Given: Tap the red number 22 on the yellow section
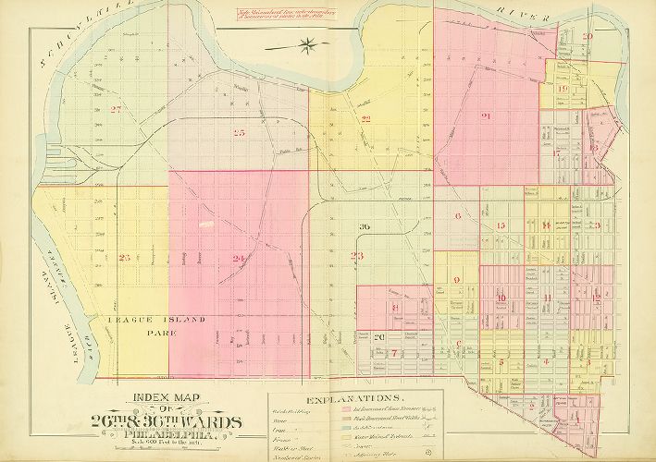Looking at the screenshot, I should click(x=366, y=119).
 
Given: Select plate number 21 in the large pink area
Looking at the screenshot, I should click(x=485, y=115).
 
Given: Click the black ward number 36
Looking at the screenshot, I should click(x=365, y=226).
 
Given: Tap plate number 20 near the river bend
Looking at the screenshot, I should click(x=588, y=36).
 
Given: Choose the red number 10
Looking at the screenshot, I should click(x=501, y=298).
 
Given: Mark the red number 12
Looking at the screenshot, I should click(x=597, y=296).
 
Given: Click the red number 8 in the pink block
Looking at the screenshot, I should click(x=395, y=308).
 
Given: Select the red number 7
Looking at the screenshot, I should click(x=394, y=353).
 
